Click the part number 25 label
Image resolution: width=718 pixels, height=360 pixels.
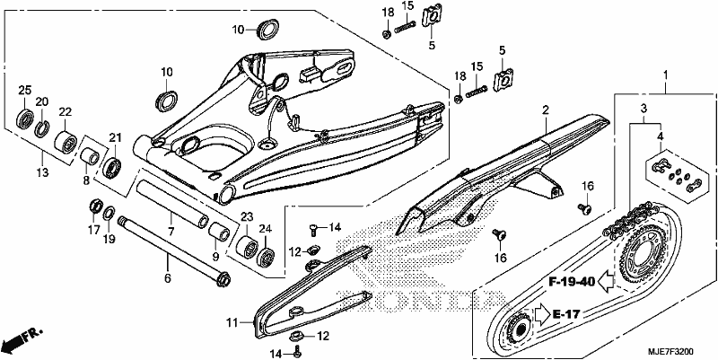tap(25, 91)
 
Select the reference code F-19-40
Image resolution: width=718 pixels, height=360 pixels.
tap(572, 282)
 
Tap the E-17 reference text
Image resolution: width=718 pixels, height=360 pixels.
tap(566, 314)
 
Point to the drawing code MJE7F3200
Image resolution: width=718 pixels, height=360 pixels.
tap(670, 352)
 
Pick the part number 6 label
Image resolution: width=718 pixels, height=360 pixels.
tap(168, 278)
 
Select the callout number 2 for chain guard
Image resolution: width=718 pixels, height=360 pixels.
tap(546, 110)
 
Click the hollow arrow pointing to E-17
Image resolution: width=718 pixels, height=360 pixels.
tap(543, 315)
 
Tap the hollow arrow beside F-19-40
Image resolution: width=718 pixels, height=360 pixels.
tap(607, 281)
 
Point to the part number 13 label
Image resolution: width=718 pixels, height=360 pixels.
tap(42, 172)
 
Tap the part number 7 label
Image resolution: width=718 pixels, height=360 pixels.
tap(171, 232)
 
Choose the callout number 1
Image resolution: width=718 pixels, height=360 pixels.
tap(666, 75)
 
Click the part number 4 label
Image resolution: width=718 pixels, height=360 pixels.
tap(660, 136)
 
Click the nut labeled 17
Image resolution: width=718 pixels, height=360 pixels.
tap(94, 206)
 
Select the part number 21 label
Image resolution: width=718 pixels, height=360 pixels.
tap(115, 137)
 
